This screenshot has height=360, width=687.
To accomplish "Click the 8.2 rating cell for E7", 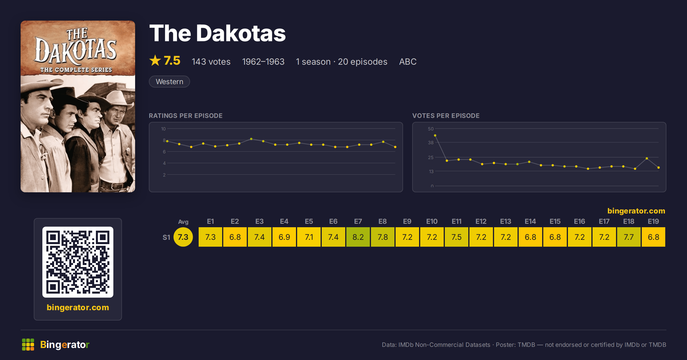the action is click(x=358, y=237).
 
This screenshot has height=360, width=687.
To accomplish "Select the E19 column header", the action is click(x=654, y=221).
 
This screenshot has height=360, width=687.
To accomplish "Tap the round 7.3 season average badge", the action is click(x=183, y=237).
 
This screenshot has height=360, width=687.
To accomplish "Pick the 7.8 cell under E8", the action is click(x=383, y=237).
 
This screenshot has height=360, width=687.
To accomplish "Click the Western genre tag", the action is click(x=169, y=82).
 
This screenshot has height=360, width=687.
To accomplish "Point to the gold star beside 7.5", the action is click(x=155, y=60).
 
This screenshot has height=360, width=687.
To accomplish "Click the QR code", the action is click(x=78, y=262).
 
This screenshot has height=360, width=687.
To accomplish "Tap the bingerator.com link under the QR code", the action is click(x=78, y=307).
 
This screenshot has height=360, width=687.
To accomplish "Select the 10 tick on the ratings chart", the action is click(x=163, y=129).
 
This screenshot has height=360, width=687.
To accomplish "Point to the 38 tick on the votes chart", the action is click(x=431, y=143).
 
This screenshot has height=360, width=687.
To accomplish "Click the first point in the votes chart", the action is click(x=435, y=135).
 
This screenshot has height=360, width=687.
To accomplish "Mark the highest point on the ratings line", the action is click(x=251, y=139).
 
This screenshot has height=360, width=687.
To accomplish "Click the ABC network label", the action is click(x=408, y=62).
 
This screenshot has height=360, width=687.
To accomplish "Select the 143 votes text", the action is click(x=211, y=62).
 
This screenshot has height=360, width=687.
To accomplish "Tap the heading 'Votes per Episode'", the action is click(x=446, y=116).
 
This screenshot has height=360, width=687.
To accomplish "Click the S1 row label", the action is click(x=166, y=237).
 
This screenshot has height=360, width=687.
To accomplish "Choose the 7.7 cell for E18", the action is click(x=629, y=237).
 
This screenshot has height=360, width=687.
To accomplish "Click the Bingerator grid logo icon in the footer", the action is click(x=28, y=345).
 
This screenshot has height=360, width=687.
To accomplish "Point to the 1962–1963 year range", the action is click(x=263, y=62).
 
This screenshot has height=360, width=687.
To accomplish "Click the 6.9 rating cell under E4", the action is click(x=284, y=237).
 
